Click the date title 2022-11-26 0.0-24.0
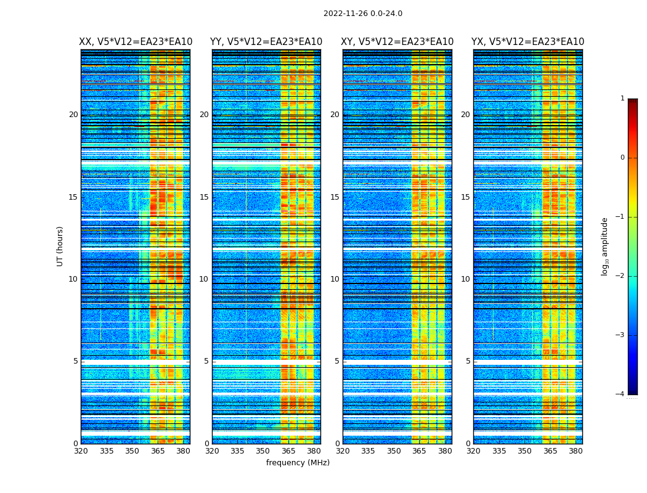pyautogui.click(x=362, y=14)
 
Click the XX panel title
pyautogui.click(x=136, y=42)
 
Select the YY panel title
pyautogui.click(x=266, y=42)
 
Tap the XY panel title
pyautogui.click(x=397, y=42)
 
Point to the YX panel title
pyautogui.click(x=527, y=42)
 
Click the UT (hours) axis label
pyautogui.click(x=60, y=246)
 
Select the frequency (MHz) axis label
pyautogui.click(x=298, y=463)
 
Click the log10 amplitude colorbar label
pyautogui.click(x=605, y=246)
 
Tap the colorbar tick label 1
pyautogui.click(x=622, y=99)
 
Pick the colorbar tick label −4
pyautogui.click(x=621, y=394)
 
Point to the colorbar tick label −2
pyautogui.click(x=621, y=276)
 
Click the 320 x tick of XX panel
pyautogui.click(x=81, y=451)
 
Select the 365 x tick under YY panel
pyautogui.click(x=288, y=451)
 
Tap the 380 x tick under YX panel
pyautogui.click(x=576, y=451)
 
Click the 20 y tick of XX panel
pyautogui.click(x=73, y=115)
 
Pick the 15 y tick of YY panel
pyautogui.click(x=204, y=197)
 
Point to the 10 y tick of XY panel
pyautogui.click(x=335, y=279)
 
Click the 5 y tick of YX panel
pyautogui.click(x=468, y=361)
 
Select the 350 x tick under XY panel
pyautogui.click(x=394, y=451)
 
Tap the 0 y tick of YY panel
pyautogui.click(x=206, y=444)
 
